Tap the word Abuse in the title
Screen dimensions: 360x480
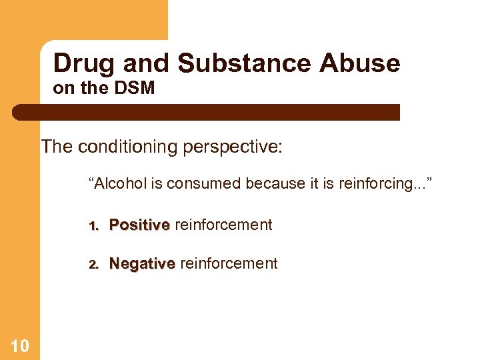point(360,63)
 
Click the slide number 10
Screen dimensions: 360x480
point(20,345)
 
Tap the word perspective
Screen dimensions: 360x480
point(235,147)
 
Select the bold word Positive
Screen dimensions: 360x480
point(139,225)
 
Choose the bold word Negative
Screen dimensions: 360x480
point(142,264)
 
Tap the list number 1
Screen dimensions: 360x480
point(93,226)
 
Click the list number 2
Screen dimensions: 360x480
point(93,265)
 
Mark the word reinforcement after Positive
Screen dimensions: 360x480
point(223,225)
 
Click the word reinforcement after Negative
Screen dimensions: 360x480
point(229,264)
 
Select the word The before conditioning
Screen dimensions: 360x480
point(57,147)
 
